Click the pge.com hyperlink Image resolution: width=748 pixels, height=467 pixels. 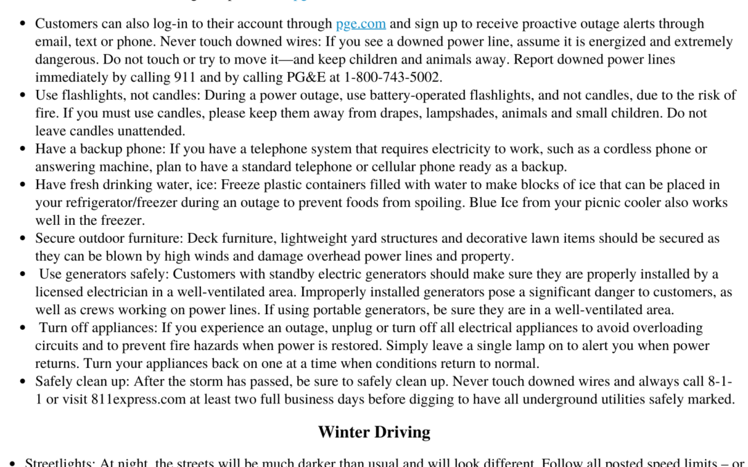(360, 24)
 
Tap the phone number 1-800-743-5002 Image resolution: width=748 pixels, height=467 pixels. (393, 77)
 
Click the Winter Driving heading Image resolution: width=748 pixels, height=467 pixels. (374, 432)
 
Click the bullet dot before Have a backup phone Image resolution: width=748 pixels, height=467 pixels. (23, 149)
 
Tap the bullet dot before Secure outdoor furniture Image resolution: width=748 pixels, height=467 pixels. (23, 239)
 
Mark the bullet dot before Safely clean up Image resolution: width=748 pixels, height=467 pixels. (23, 382)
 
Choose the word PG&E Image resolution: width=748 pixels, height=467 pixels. (318, 77)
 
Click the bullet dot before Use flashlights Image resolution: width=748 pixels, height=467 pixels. (23, 95)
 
